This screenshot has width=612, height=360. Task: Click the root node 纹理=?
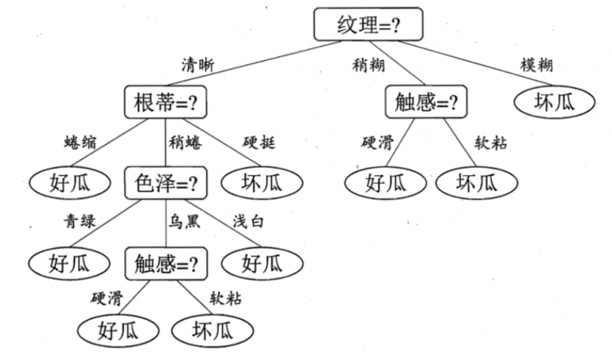point(368,25)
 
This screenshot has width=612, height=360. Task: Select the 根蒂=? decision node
point(166,102)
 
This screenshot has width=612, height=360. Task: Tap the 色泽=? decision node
point(166,183)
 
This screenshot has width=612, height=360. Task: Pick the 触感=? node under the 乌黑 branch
point(166,262)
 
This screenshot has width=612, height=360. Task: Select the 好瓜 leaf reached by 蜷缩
point(70,183)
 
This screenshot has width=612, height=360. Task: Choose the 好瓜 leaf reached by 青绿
point(70,262)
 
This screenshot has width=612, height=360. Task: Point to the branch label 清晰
point(198,65)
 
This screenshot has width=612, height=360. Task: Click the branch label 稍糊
point(369,65)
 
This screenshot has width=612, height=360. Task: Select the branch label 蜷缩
point(79,143)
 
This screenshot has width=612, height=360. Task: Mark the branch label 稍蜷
point(185,143)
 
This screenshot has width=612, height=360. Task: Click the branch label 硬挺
point(259,143)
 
